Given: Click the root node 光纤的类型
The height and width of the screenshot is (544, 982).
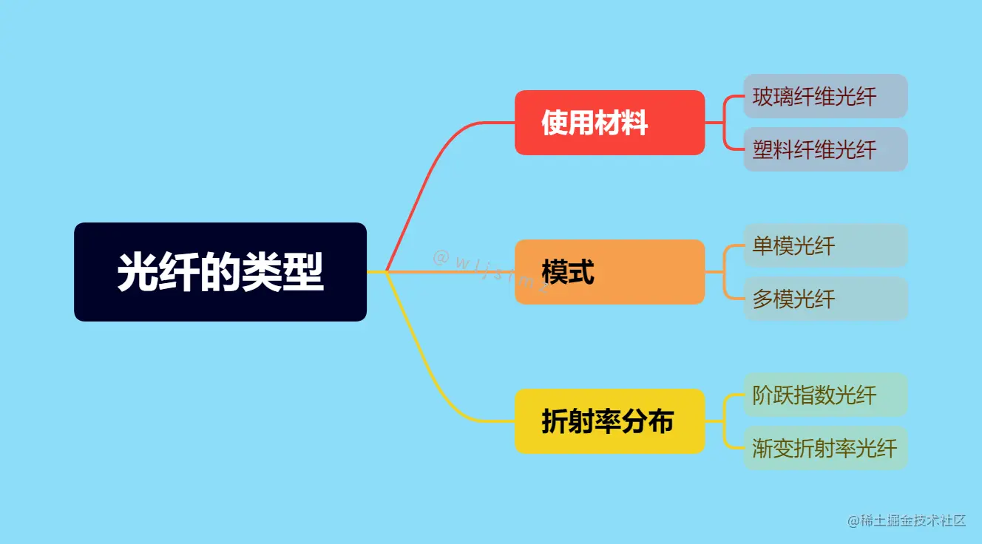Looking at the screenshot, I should (220, 272).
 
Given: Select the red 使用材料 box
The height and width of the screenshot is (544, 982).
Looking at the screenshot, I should (609, 123).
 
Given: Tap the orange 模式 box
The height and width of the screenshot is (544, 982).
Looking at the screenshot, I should (609, 272).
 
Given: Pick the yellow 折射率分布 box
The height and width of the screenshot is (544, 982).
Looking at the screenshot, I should (609, 421).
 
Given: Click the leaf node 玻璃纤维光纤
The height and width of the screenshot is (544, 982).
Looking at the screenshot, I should (824, 96).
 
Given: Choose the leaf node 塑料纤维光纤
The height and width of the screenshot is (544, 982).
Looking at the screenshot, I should (824, 149).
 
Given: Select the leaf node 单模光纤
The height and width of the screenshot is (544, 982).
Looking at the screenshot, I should (824, 245).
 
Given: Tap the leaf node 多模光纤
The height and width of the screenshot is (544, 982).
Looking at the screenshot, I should (824, 299).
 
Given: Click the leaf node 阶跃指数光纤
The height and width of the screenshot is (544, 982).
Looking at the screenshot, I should (824, 395).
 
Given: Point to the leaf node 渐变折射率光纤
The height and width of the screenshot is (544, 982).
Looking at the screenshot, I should (824, 448).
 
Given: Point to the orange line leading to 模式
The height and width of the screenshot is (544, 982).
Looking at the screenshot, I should (458, 272).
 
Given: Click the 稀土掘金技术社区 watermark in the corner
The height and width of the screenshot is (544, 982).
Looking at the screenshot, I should (907, 520).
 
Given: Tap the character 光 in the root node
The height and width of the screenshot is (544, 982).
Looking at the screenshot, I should (134, 272).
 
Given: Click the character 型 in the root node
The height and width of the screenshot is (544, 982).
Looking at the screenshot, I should (307, 272).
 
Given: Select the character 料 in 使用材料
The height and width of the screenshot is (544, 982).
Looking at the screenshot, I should (634, 123).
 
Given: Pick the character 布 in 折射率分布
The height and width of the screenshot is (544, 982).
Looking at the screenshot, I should (661, 421).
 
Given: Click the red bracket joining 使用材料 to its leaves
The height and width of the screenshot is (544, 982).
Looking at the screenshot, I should (725, 123).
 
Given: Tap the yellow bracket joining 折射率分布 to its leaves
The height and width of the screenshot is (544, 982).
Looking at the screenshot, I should (725, 421).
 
